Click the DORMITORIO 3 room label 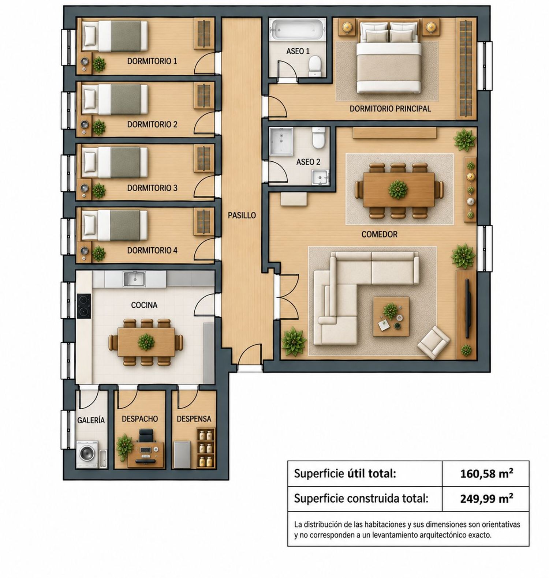tap(152, 188)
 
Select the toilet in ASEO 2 tap(318, 138)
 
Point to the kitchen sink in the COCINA tap(134, 279)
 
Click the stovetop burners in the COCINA tap(84, 306)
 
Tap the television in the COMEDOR tap(467, 308)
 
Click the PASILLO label tap(242, 215)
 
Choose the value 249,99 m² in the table tap(486, 498)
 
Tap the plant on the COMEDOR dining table tap(398, 189)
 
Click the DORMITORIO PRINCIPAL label tap(390, 109)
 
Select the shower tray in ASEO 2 tap(281, 141)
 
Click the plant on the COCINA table tap(146, 342)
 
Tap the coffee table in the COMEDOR tap(391, 316)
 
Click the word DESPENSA tap(194, 419)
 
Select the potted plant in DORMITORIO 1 tap(99, 64)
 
